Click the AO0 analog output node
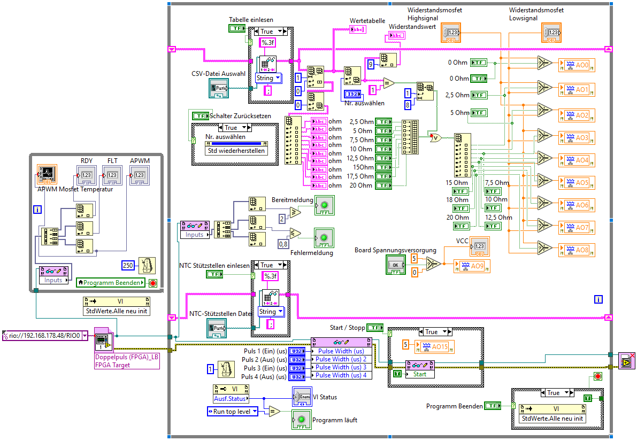click(577, 65)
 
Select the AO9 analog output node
click(471, 266)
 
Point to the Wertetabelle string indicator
click(357, 29)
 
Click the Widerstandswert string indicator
click(396, 35)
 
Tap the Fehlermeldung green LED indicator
click(324, 238)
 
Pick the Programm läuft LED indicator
click(302, 420)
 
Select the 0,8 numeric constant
click(283, 244)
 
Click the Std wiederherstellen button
click(236, 150)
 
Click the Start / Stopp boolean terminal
click(376, 327)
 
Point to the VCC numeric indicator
click(479, 246)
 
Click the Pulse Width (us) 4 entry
click(342, 375)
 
